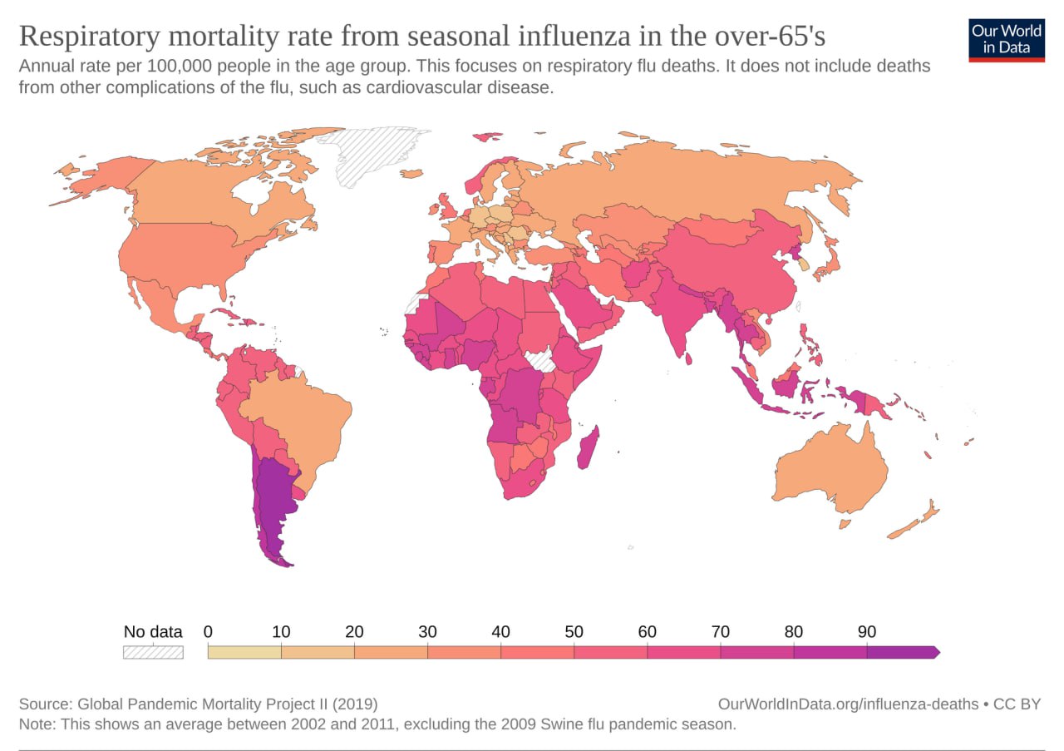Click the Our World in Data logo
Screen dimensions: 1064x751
click(1007, 41)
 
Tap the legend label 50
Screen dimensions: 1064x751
click(574, 632)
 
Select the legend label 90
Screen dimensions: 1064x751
click(867, 632)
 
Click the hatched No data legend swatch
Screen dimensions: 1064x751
click(153, 652)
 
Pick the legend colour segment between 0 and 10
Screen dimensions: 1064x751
click(244, 652)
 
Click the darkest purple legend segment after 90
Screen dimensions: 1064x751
click(903, 652)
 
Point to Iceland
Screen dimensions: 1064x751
click(411, 174)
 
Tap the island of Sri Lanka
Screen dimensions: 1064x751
click(688, 358)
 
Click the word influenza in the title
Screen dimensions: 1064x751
click(574, 36)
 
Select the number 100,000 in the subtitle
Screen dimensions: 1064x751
click(180, 66)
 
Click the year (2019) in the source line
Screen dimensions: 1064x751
click(355, 704)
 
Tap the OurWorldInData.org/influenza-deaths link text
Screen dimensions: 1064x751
click(849, 704)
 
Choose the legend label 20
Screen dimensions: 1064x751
click(354, 632)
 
